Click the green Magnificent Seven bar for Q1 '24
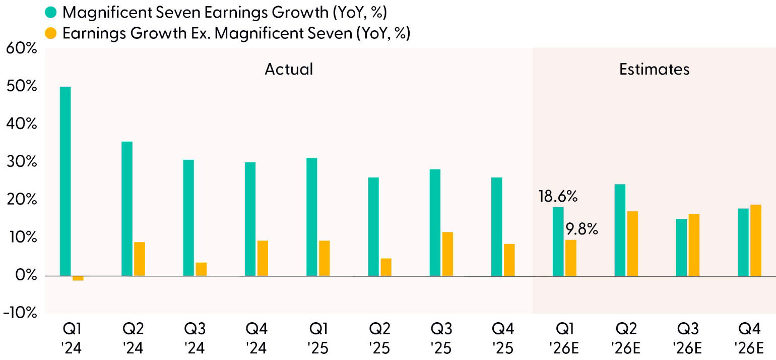click(x=66, y=182)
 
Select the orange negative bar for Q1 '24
click(x=78, y=278)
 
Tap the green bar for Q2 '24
click(x=127, y=209)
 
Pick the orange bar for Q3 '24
click(x=201, y=269)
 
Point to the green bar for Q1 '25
click(x=311, y=217)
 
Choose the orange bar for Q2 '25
click(x=386, y=267)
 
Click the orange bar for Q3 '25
click(x=447, y=254)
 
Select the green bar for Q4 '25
click(x=496, y=227)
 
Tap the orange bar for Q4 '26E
click(x=755, y=241)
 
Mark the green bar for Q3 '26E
click(x=681, y=248)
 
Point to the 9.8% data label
click(x=581, y=230)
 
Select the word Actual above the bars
click(x=289, y=69)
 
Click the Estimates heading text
click(x=654, y=69)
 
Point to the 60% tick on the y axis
click(x=22, y=49)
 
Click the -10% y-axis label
click(x=20, y=313)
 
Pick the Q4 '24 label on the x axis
click(x=256, y=338)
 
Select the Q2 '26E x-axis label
click(x=625, y=338)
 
